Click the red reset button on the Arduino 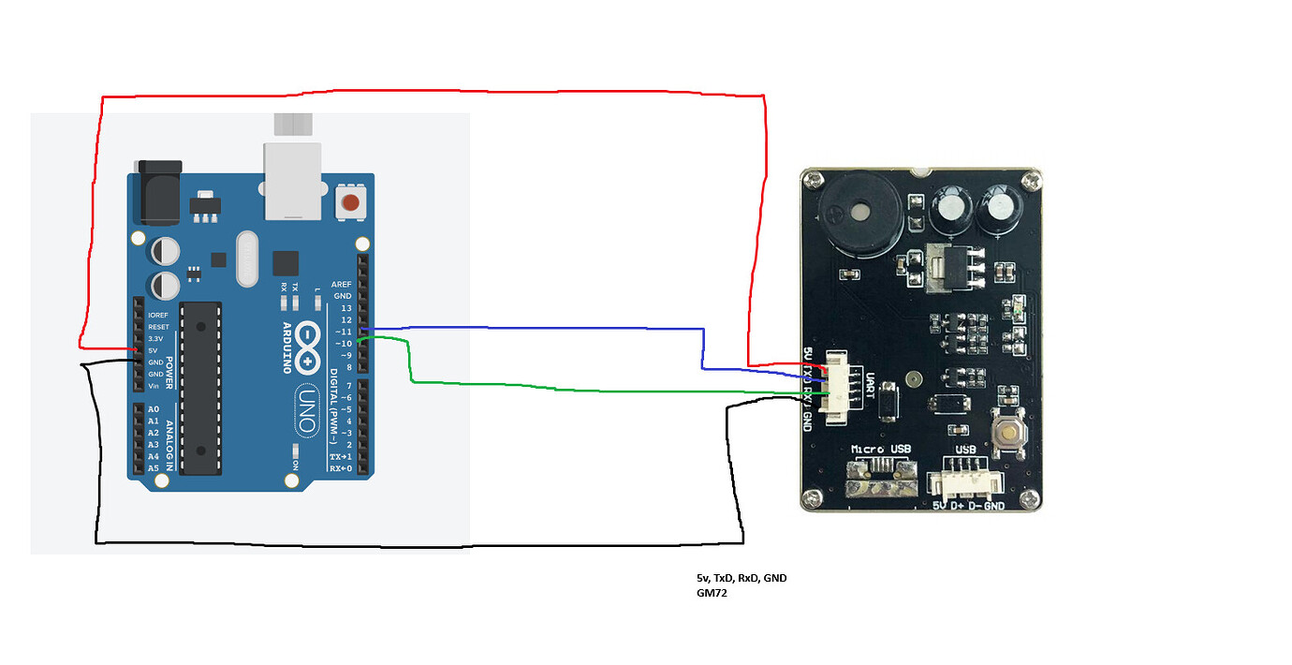tap(351, 203)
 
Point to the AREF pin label tap(341, 284)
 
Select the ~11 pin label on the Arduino tap(342, 332)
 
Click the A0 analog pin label tap(154, 410)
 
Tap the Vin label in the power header tap(153, 386)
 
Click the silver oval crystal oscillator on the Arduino tap(246, 259)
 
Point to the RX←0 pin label tap(340, 468)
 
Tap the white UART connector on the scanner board tap(838, 387)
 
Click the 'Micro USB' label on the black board tap(879, 450)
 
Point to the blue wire tap(562, 329)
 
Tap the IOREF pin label tap(157, 315)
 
